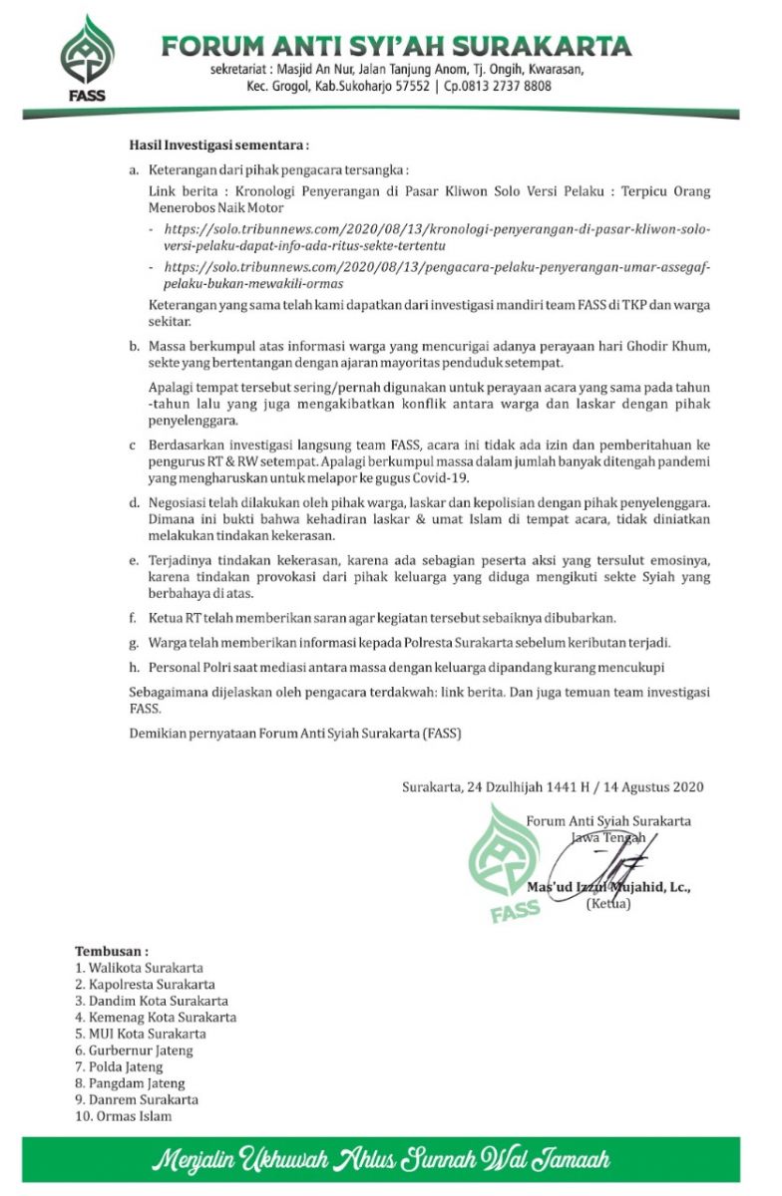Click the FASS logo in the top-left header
88,59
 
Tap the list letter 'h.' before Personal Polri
135,667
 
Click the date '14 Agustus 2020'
653,786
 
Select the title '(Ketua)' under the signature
607,904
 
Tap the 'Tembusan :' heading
112,951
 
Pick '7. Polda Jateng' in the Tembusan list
119,1066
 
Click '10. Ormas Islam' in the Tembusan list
123,1116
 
